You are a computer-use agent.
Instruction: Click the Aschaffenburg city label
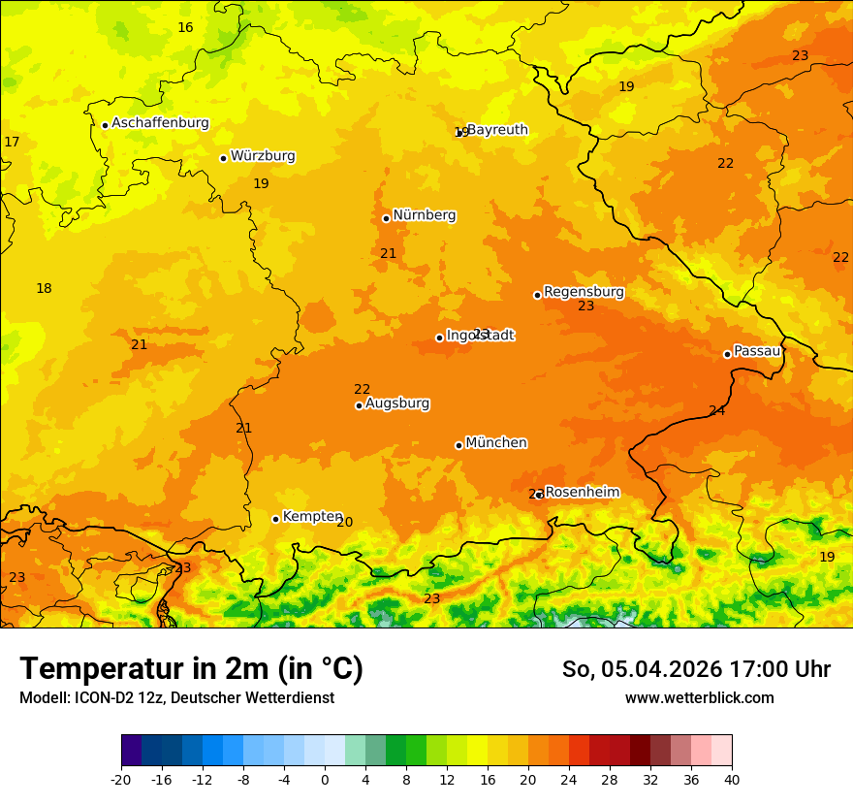coord(160,123)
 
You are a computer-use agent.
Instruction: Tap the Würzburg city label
coord(263,156)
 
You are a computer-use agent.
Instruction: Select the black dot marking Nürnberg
coord(386,218)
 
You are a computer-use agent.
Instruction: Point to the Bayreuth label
coord(497,130)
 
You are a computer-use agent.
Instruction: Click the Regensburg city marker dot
coord(537,295)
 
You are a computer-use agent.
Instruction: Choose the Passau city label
coord(757,351)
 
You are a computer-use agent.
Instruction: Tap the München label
coord(496,443)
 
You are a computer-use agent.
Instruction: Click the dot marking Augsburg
coord(359,405)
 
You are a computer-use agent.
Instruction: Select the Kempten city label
coord(312,517)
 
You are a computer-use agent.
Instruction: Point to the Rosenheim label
coord(582,493)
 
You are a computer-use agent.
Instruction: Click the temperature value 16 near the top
coord(185,27)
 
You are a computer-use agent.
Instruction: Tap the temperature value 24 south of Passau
coord(716,411)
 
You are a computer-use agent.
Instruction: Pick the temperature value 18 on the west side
coord(44,288)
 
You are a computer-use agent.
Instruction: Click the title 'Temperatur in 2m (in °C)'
coord(191,669)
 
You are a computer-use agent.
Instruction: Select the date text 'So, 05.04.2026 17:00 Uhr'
coord(696,669)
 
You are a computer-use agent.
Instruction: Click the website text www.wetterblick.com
coord(699,697)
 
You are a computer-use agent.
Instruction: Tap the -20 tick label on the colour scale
coord(121,779)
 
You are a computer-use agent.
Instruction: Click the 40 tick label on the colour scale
coord(732,779)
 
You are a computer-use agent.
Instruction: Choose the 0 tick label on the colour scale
coord(325,779)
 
